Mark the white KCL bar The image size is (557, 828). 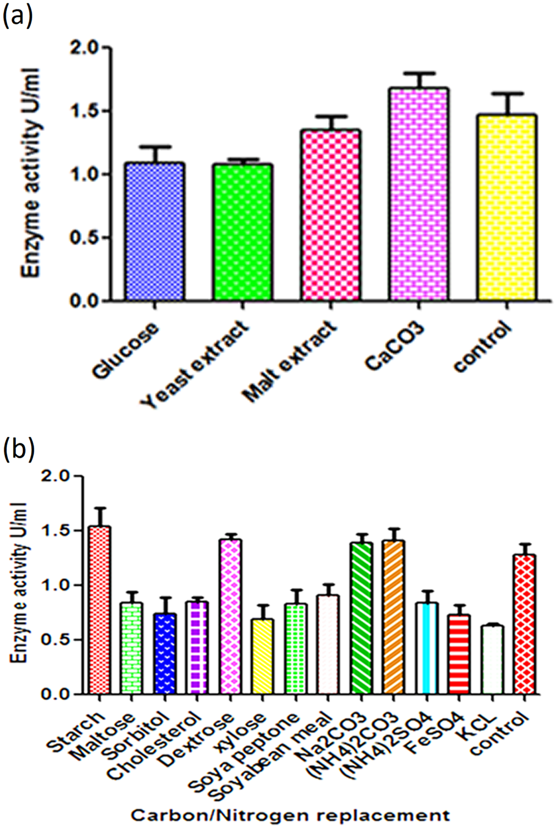(x=492, y=660)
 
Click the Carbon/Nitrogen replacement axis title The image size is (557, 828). (x=290, y=816)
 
